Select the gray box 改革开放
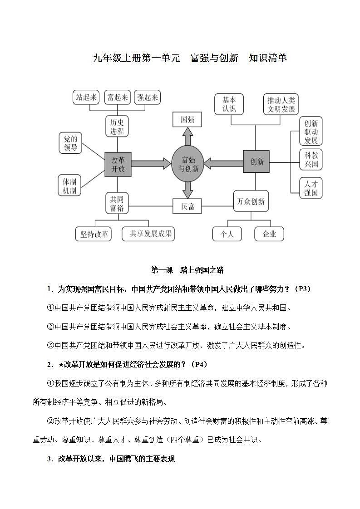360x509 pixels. pos(118,164)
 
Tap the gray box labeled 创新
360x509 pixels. pos(256,162)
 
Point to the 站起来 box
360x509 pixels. pos(86,97)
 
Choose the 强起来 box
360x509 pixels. pos(148,97)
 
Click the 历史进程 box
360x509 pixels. pos(117,126)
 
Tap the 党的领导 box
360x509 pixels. pos(70,143)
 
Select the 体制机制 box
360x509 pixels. pos(70,185)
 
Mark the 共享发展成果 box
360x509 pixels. pos(148,234)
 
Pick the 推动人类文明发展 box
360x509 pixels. pos(281,104)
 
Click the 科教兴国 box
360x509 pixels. pos(311,159)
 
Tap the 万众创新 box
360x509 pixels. pos(251,201)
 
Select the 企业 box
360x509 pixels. pos(269,234)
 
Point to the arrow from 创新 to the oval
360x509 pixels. pos(224,162)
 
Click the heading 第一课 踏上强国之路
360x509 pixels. pos(187,270)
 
